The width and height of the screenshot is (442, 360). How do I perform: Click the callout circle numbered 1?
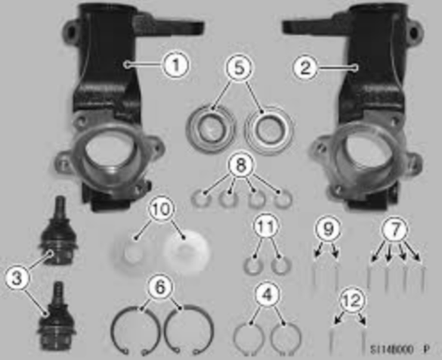pyautogui.click(x=175, y=66)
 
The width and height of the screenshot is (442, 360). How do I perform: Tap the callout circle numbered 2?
pyautogui.click(x=306, y=66)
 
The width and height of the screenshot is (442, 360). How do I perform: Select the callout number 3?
pyautogui.click(x=15, y=278)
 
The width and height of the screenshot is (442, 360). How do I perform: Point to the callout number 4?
pyautogui.click(x=264, y=293)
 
